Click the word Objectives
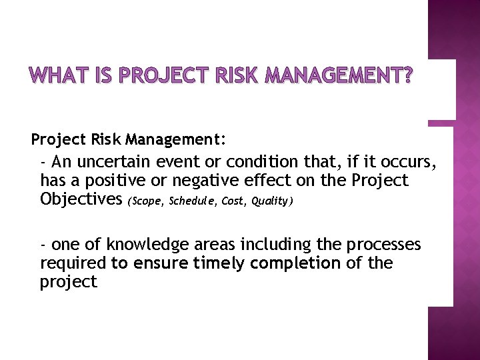81,199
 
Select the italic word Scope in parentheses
147,201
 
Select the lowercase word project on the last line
69,283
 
